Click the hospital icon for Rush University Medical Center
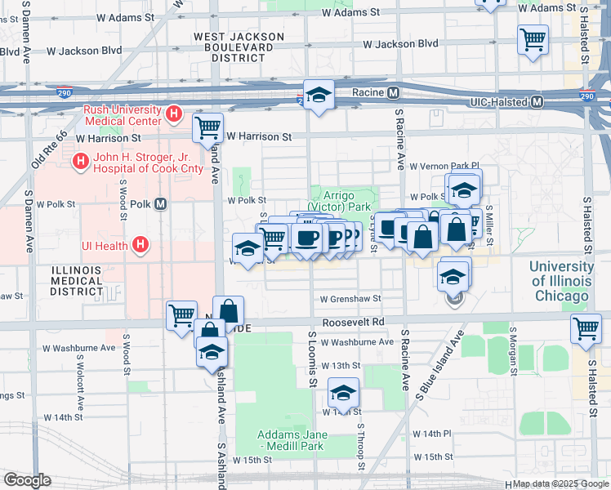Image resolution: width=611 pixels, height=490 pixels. [173, 114]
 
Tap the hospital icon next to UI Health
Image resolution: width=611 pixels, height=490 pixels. [141, 244]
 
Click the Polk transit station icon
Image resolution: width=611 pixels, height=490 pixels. [160, 203]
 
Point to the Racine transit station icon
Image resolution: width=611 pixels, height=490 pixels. [393, 92]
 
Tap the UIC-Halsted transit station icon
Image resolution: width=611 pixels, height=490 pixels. [537, 102]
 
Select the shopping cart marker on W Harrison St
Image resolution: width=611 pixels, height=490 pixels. [208, 127]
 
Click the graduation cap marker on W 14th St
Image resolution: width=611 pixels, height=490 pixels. [344, 393]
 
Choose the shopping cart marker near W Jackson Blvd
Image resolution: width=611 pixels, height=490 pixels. [533, 38]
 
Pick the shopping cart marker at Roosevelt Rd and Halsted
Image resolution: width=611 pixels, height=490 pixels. [586, 328]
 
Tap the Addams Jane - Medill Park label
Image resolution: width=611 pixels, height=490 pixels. [291, 440]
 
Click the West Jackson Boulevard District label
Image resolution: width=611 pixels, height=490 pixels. [233, 47]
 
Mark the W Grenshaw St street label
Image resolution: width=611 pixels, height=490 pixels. [350, 300]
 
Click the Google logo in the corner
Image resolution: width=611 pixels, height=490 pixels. [26, 480]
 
